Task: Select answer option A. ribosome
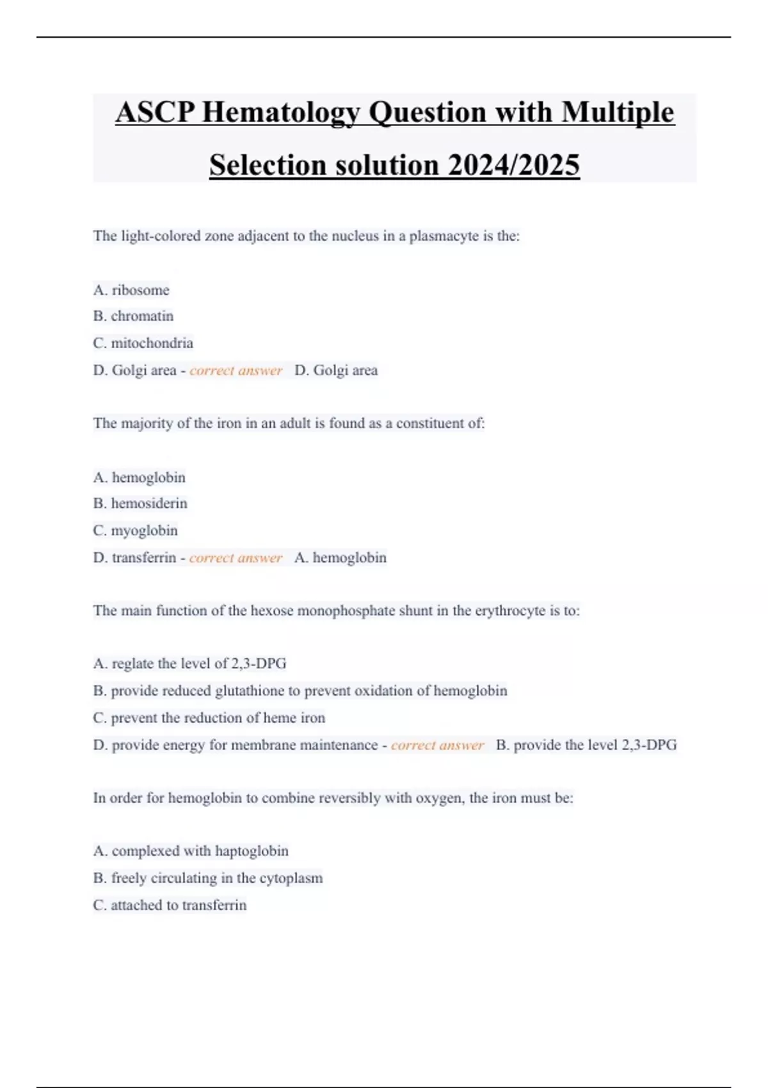coord(131,290)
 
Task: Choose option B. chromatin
coord(133,316)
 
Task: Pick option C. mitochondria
coord(143,343)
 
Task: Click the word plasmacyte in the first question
coord(444,236)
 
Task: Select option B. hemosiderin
coord(140,504)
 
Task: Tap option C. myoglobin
coord(135,531)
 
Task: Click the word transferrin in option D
coord(143,557)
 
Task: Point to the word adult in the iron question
coord(294,423)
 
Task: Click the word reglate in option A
coord(132,664)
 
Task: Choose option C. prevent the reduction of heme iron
coord(209,718)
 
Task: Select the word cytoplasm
coord(291,878)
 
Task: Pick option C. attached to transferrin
coord(170,905)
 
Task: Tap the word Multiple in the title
coord(618,113)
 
